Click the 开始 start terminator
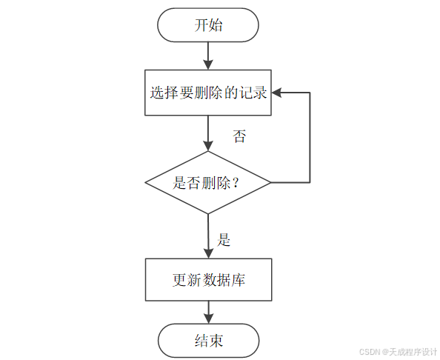208,25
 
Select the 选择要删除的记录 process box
208,93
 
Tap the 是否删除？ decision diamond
208,182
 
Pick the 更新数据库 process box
208,281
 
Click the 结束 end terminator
208,341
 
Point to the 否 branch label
239,136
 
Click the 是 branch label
224,240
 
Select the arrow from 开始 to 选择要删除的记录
208,55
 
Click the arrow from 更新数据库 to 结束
208,313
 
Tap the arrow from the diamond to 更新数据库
208,236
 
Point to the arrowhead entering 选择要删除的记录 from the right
276,93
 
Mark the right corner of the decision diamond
270,182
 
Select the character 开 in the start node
201,26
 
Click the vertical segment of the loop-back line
309,137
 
